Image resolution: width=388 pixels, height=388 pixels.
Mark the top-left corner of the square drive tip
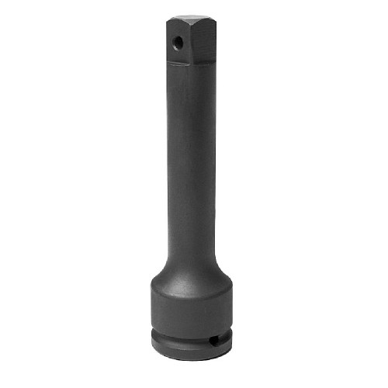tap(171, 17)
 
